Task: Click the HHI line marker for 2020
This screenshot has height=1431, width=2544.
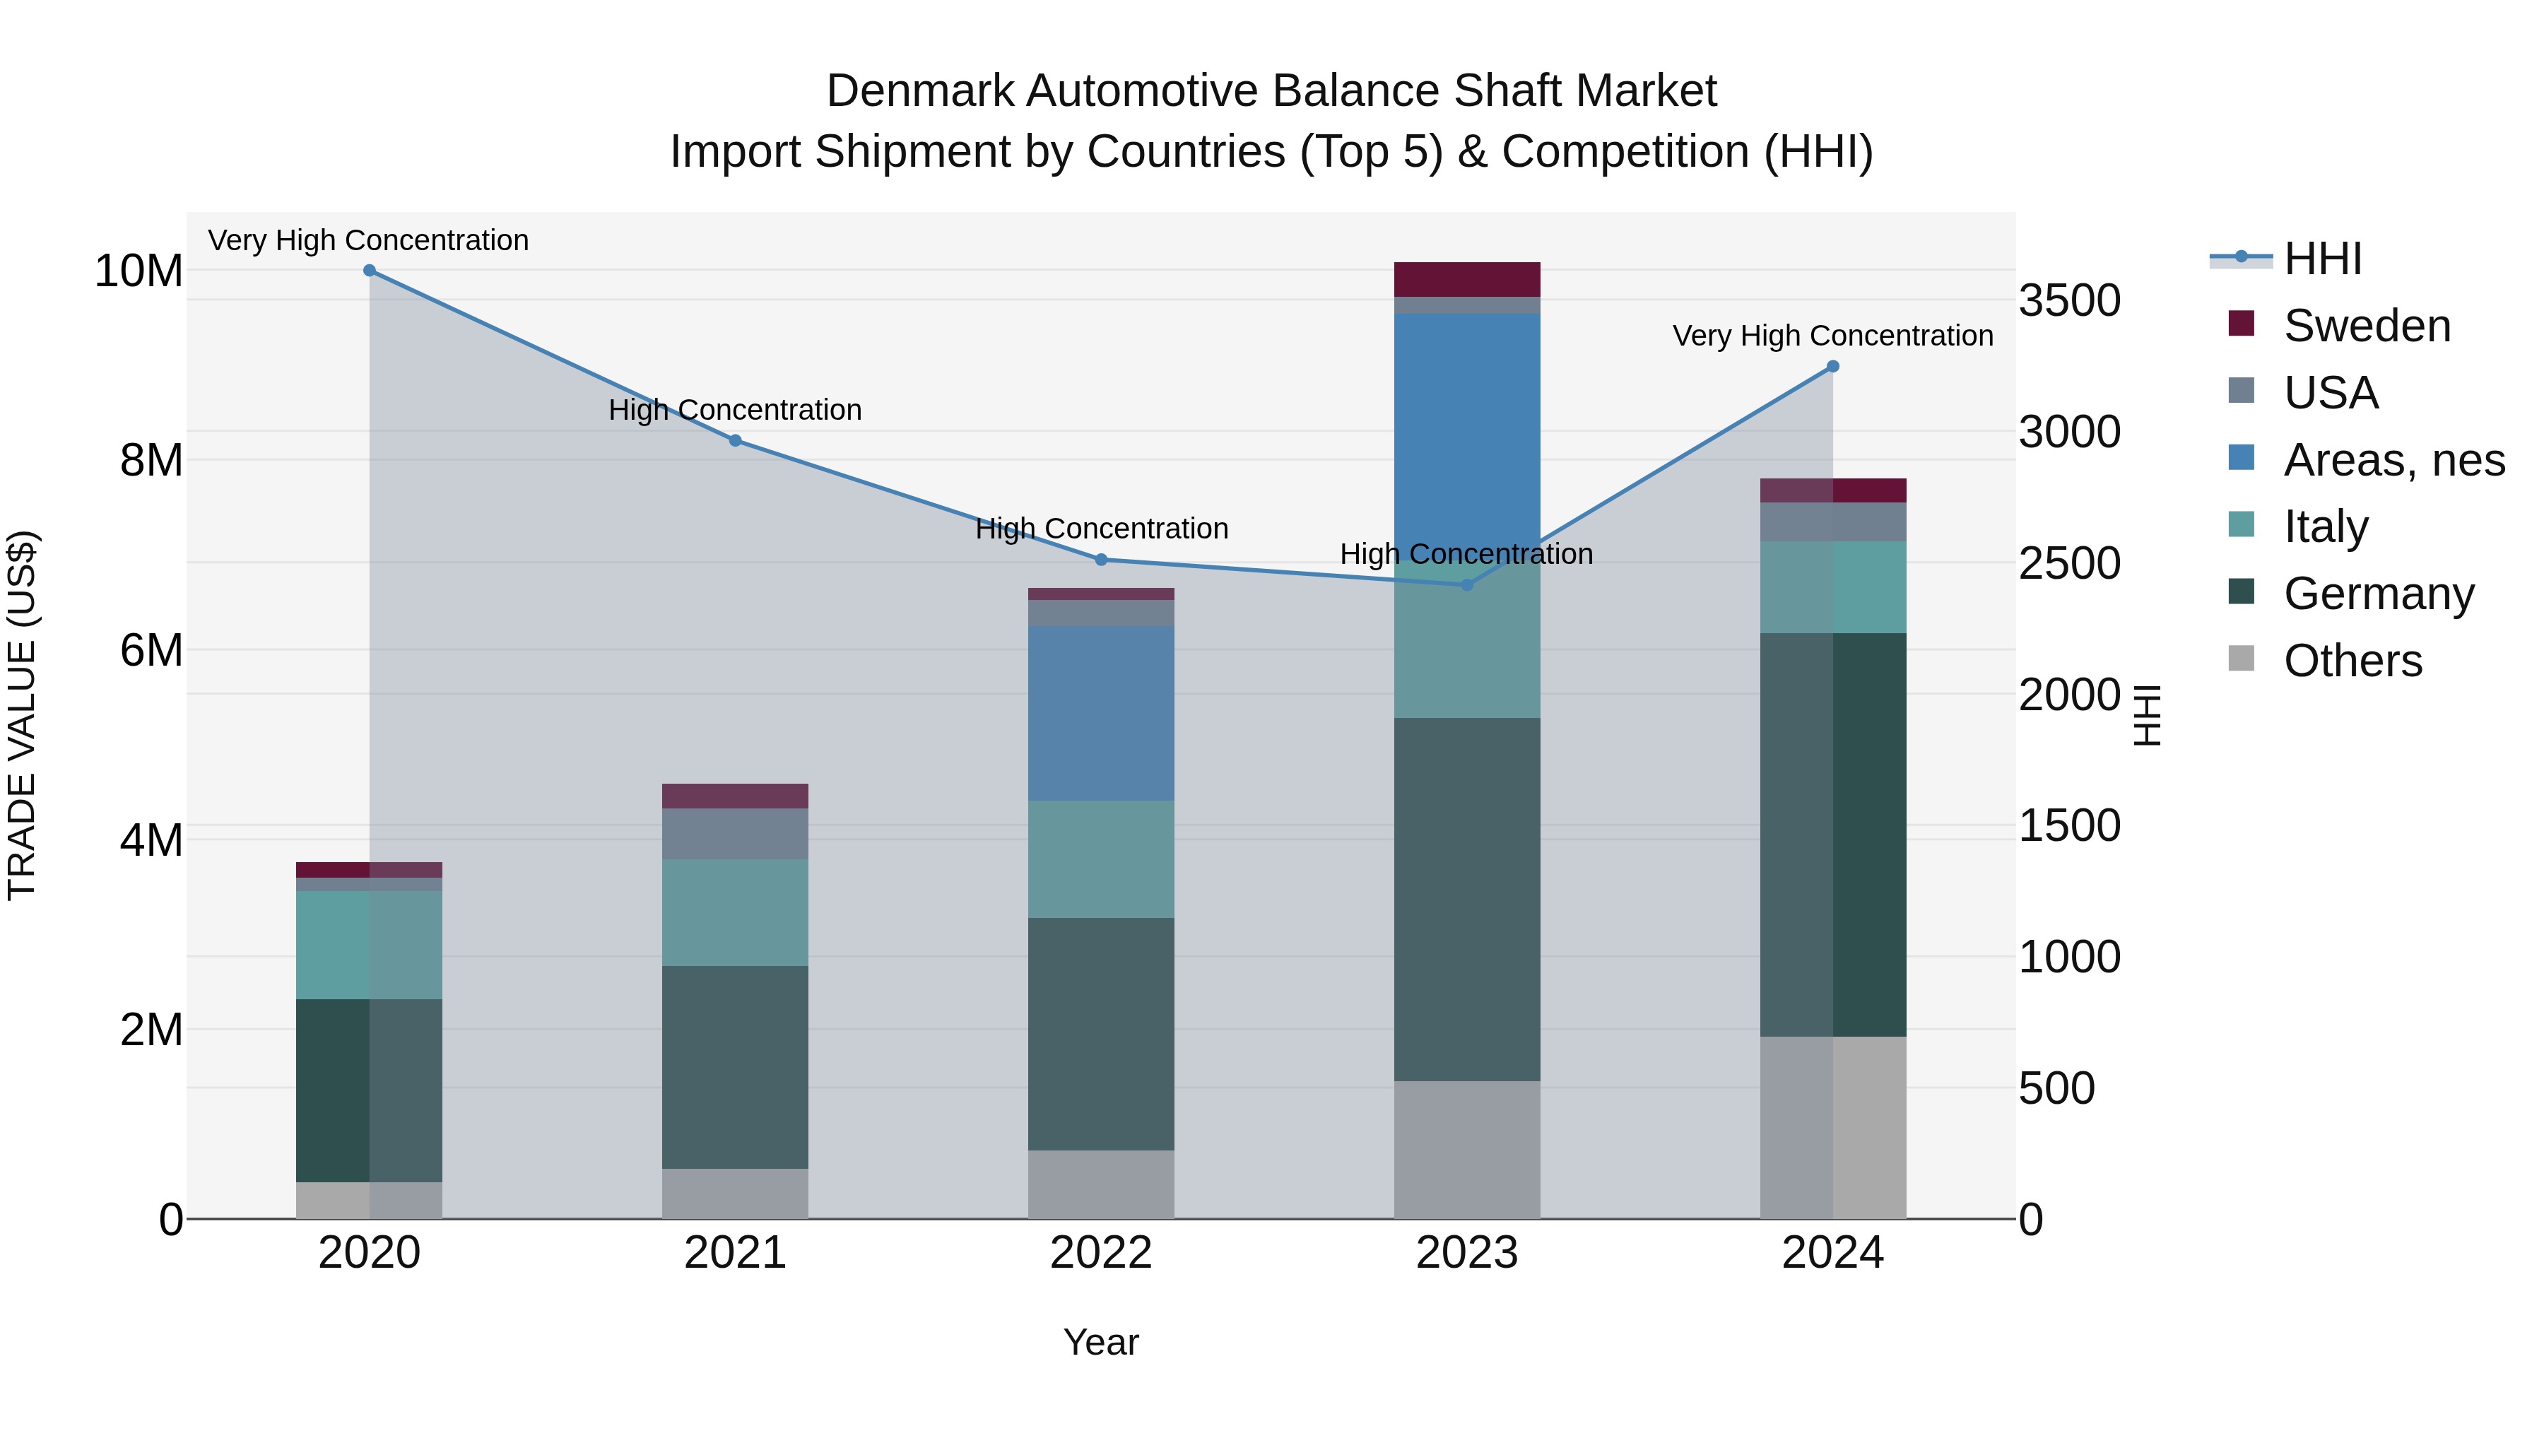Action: click(x=370, y=271)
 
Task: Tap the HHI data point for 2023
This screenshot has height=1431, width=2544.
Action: click(x=1466, y=584)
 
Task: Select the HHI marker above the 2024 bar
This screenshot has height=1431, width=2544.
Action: click(x=1833, y=366)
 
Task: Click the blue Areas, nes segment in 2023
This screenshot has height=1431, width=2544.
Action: click(x=1466, y=435)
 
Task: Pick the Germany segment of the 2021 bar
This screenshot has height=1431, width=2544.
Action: click(x=735, y=1066)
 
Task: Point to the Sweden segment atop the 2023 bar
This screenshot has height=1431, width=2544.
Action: click(x=1466, y=279)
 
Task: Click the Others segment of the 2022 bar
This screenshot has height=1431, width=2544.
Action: click(x=1101, y=1184)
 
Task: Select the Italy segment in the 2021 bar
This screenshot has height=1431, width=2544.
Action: click(x=735, y=912)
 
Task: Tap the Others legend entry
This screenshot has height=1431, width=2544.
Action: click(x=2352, y=661)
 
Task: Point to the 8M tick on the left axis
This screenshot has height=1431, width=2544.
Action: click(x=151, y=460)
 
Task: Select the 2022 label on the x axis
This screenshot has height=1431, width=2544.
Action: click(x=1101, y=1253)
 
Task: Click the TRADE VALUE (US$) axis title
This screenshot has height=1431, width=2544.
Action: click(x=22, y=715)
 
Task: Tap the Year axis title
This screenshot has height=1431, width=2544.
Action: click(x=1101, y=1342)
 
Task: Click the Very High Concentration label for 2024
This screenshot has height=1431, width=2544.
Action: click(x=1833, y=336)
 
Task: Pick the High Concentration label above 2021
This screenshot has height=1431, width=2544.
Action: click(x=735, y=410)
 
